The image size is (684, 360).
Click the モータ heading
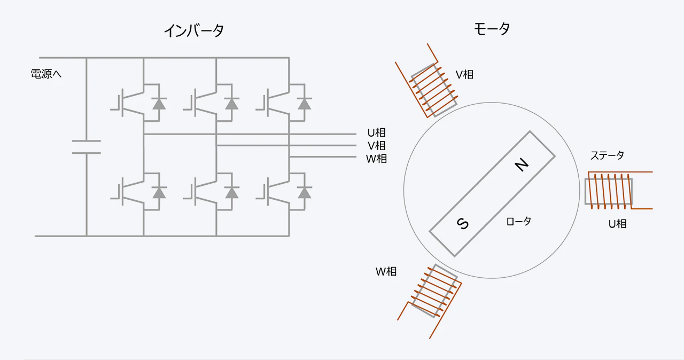pos(492,29)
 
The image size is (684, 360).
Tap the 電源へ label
pos(46,74)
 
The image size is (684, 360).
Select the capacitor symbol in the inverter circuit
pos(86,147)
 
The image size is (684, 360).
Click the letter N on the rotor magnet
pos(522,166)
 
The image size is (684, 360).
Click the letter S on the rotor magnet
pos(462,223)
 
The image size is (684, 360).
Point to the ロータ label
pos(518,221)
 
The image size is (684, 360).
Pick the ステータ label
pos(607,155)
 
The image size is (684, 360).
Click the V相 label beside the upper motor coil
pos(464,74)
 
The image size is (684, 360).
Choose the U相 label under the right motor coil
pos(617,224)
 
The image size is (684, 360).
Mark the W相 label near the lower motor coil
pos(386,271)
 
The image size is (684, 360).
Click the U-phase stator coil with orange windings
pos(609,191)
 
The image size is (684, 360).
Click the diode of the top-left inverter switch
pos(159,104)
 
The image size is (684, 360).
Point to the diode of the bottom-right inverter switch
pos(305,192)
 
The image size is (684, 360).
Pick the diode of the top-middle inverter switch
pos(231,104)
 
